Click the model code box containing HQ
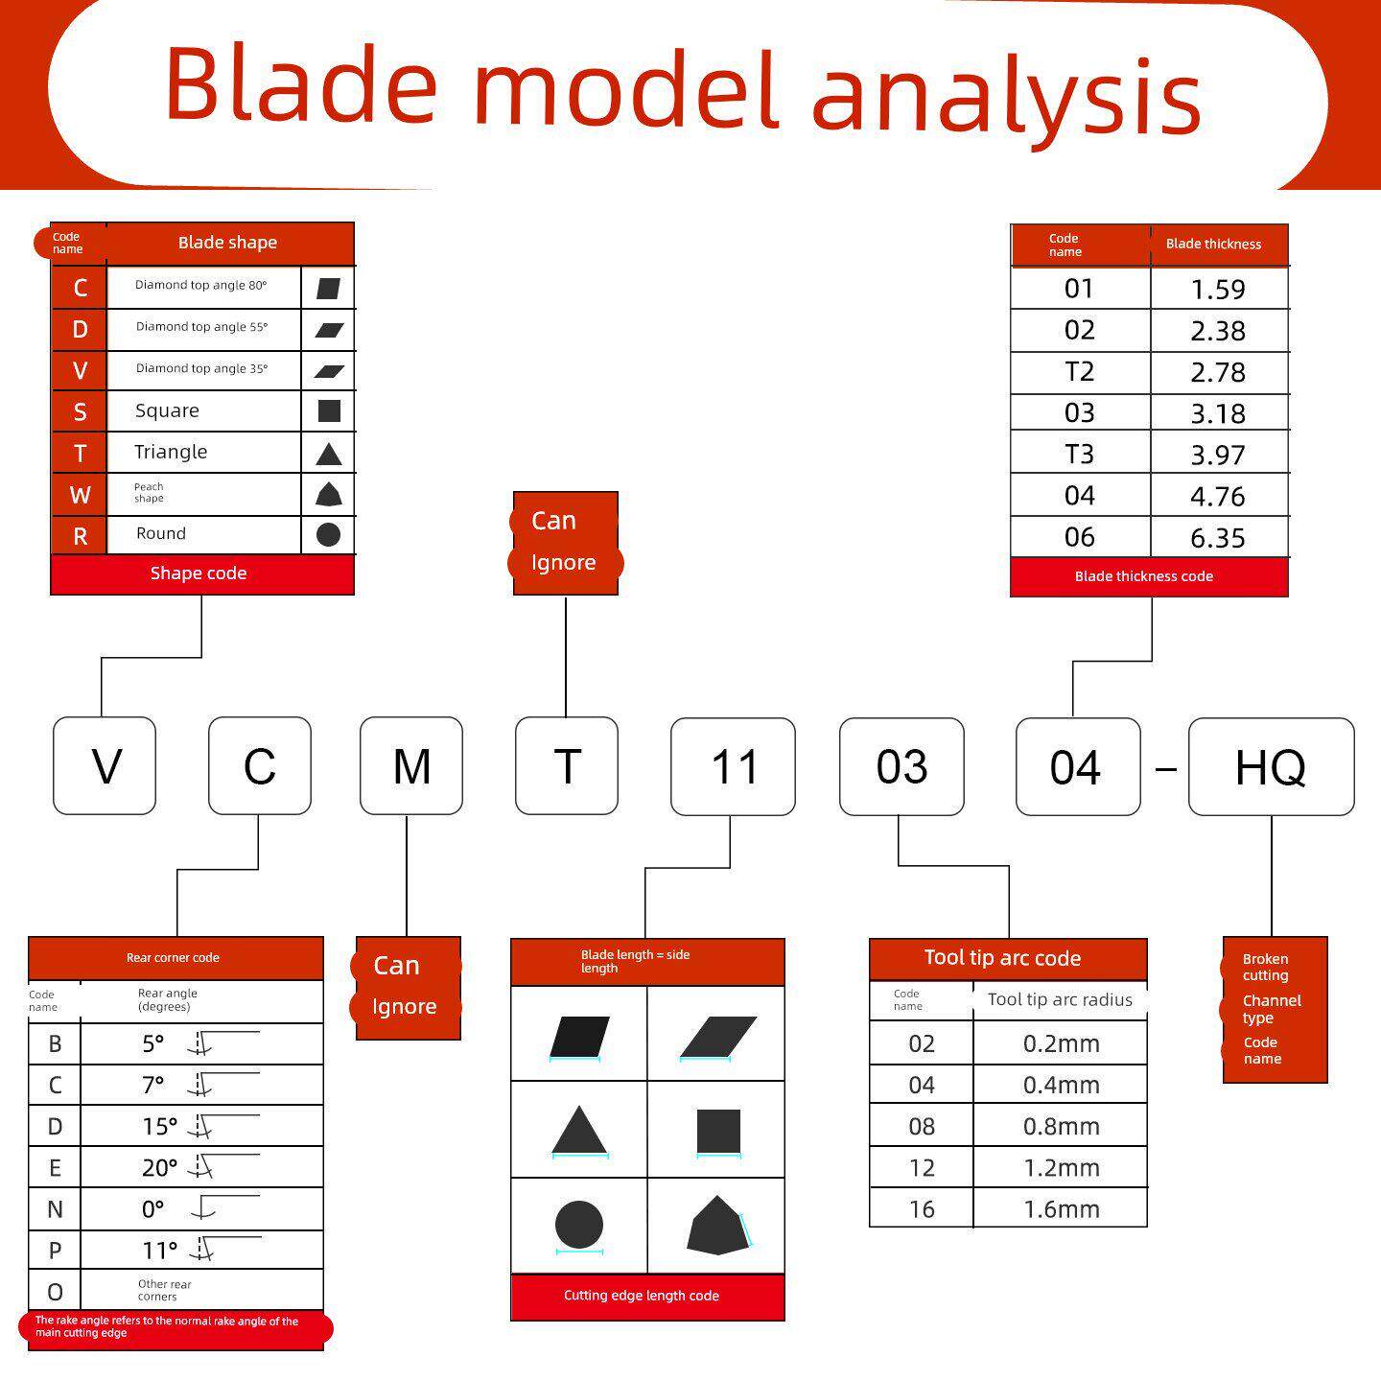(x=1271, y=766)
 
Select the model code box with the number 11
(x=733, y=766)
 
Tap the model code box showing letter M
(x=411, y=765)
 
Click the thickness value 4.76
(x=1218, y=496)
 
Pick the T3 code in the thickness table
(x=1079, y=455)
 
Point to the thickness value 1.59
(x=1218, y=289)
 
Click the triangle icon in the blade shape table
(x=329, y=454)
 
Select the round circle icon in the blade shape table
(x=328, y=534)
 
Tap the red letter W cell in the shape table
(x=80, y=495)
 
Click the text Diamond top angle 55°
(x=201, y=327)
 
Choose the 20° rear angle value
(x=159, y=1167)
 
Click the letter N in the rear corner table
(x=55, y=1209)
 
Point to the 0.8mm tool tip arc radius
(x=1061, y=1126)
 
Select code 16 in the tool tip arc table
(x=921, y=1209)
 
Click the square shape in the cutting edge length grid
(x=718, y=1131)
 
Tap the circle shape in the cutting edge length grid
(x=579, y=1224)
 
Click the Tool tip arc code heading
(x=1002, y=957)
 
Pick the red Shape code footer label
(x=199, y=573)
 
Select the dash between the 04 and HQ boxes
(x=1165, y=769)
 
